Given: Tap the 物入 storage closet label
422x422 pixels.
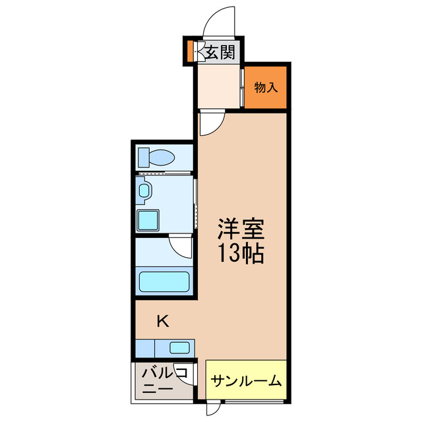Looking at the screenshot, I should pyautogui.click(x=266, y=86).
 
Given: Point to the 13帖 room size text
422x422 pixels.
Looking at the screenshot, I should pyautogui.click(x=241, y=254).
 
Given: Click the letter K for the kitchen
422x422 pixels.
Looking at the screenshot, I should pyautogui.click(x=162, y=322).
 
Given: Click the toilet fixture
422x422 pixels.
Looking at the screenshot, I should pyautogui.click(x=156, y=158).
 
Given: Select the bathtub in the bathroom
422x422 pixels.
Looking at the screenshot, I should pyautogui.click(x=164, y=281).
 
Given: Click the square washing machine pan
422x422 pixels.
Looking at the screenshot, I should pyautogui.click(x=149, y=217).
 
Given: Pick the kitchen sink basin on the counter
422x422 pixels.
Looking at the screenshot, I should pyautogui.click(x=179, y=347).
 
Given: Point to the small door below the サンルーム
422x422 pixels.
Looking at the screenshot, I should pyautogui.click(x=211, y=409).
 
